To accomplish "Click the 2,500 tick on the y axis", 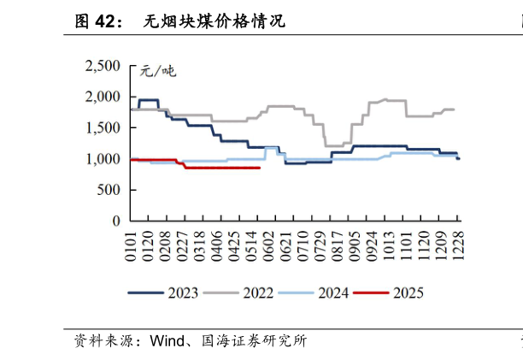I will point(103,67).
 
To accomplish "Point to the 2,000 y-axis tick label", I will point(103,97).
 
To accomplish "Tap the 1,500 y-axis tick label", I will point(103,128).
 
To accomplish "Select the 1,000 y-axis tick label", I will point(103,159).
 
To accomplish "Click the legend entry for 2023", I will point(163,293).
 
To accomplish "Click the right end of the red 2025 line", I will point(260,168).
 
